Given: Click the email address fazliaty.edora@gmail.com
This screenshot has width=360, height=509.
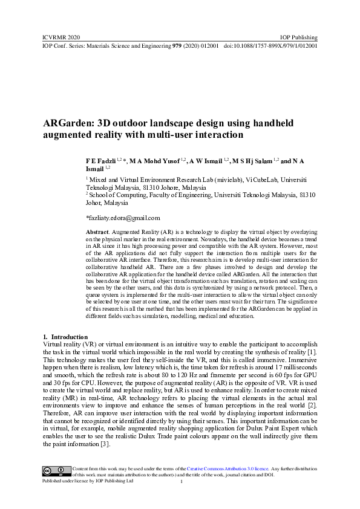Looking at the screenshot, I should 123,217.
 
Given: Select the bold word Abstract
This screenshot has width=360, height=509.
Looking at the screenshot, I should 97,232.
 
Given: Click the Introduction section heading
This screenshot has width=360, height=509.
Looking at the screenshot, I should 69,337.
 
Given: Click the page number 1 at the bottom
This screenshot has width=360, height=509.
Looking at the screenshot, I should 181,482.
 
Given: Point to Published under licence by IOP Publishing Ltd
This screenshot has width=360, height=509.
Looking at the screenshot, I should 87,481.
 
